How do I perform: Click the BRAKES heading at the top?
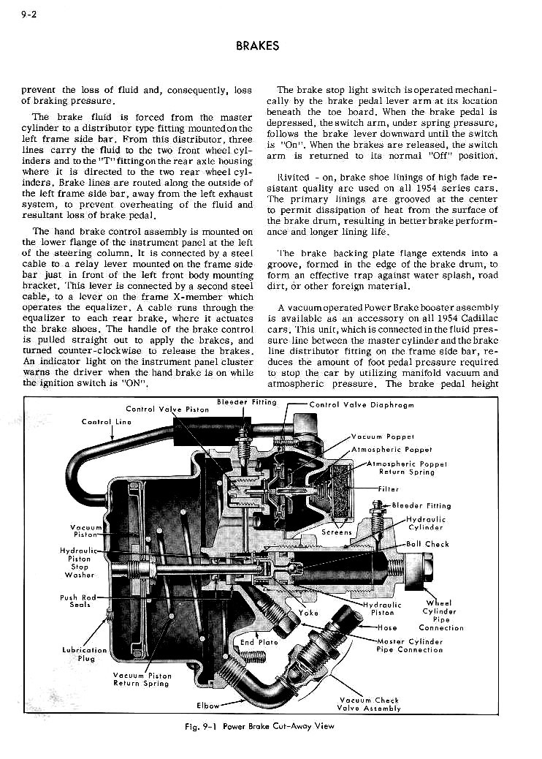[x=258, y=45]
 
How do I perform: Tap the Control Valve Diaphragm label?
[x=362, y=404]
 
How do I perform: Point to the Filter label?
[x=389, y=489]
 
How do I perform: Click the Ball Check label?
[x=427, y=544]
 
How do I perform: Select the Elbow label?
[x=208, y=706]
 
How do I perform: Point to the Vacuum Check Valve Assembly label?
[x=369, y=703]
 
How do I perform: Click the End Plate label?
[x=259, y=643]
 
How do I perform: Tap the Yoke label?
[x=309, y=613]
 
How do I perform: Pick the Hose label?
[x=388, y=627]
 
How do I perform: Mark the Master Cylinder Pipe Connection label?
[x=410, y=645]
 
